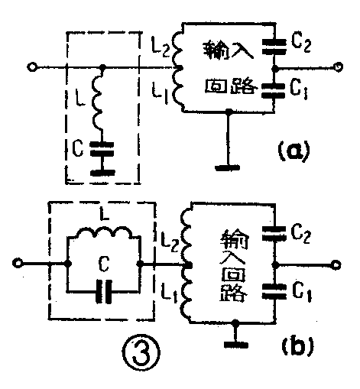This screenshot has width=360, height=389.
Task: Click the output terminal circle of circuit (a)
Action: click(x=336, y=67)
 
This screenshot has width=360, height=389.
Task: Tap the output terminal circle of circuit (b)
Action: click(x=336, y=264)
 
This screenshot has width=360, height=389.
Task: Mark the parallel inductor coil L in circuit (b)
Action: click(x=103, y=235)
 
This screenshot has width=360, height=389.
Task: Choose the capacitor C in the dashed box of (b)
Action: click(x=105, y=291)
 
